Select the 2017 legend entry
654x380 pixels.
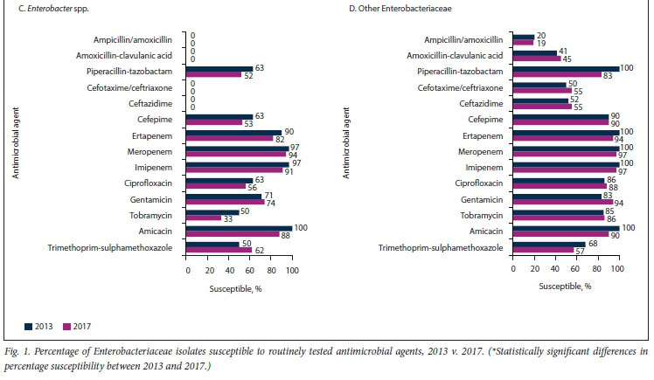point(77,326)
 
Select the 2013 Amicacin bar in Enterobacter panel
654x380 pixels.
point(240,227)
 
